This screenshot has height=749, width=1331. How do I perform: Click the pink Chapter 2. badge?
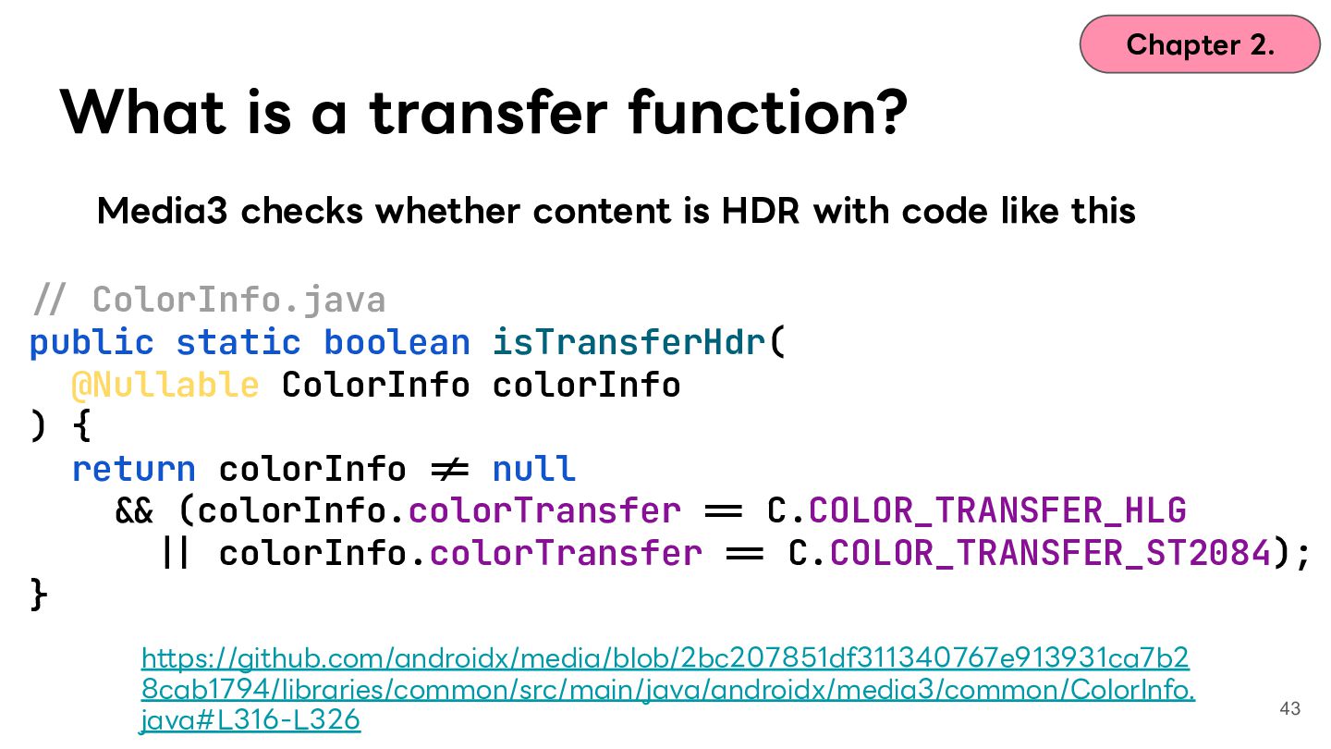[1200, 44]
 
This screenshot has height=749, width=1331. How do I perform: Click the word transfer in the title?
[488, 112]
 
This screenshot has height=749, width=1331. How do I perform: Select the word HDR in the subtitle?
[760, 211]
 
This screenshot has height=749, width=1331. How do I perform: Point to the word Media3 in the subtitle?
[163, 211]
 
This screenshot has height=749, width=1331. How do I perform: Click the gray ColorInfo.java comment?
[210, 299]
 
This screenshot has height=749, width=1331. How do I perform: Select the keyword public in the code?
[92, 343]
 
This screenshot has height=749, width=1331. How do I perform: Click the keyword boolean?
[397, 342]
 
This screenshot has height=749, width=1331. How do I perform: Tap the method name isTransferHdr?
[629, 342]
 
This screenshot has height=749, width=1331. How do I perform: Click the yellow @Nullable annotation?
[165, 385]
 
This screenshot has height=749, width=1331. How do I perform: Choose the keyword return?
[134, 469]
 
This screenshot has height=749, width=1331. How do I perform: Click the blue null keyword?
[534, 468]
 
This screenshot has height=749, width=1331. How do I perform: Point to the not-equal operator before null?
[450, 470]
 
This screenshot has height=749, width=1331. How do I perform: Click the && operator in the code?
[134, 511]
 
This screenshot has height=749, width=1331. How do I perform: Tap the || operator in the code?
[176, 553]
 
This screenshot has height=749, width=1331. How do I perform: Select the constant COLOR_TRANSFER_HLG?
[997, 511]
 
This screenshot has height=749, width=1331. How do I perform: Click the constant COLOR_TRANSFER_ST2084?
[1050, 553]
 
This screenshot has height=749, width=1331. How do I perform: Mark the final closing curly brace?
[39, 596]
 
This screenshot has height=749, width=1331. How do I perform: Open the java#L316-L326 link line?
[250, 719]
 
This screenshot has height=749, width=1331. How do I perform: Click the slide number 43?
[1290, 708]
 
